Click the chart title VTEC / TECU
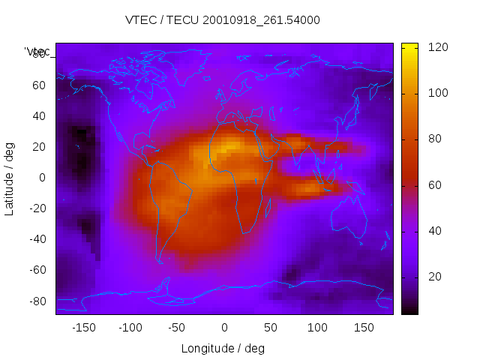(x=223, y=20)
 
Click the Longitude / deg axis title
(x=223, y=349)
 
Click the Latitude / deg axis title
(x=10, y=178)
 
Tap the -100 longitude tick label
(x=130, y=328)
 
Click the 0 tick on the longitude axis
(x=223, y=328)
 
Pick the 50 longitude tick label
(x=270, y=328)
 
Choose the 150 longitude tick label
(x=364, y=328)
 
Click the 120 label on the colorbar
(x=437, y=47)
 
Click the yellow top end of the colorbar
(x=409, y=46)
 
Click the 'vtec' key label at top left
(x=37, y=52)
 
